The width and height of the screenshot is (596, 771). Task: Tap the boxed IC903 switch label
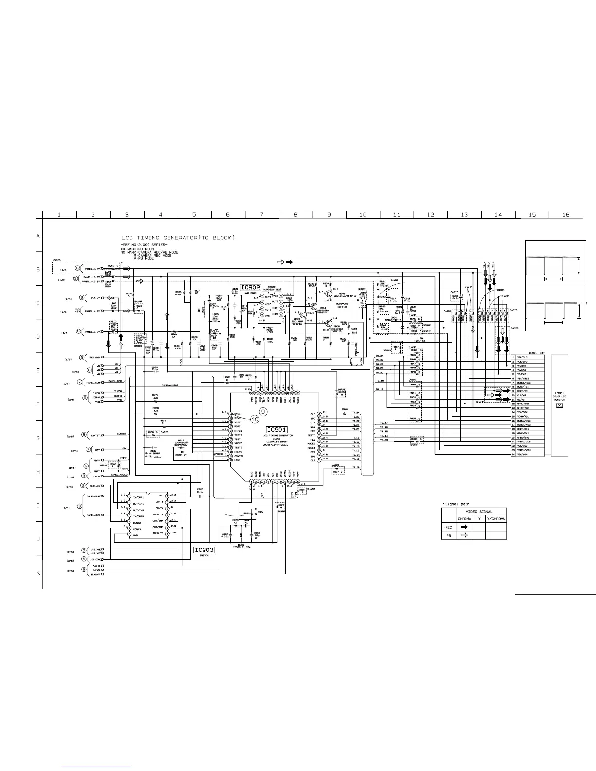(205, 550)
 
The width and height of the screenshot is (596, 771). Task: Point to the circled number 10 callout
(255, 418)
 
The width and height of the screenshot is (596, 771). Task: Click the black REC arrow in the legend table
(464, 527)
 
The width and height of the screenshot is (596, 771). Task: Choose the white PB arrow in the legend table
(464, 535)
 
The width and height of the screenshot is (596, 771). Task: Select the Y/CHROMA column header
(496, 519)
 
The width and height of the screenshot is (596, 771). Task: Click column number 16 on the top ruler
(565, 215)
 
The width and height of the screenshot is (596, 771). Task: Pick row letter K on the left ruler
(38, 573)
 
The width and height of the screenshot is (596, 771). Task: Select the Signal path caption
(456, 504)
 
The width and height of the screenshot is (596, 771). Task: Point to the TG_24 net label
(379, 356)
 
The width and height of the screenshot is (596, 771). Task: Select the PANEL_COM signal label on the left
(114, 381)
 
